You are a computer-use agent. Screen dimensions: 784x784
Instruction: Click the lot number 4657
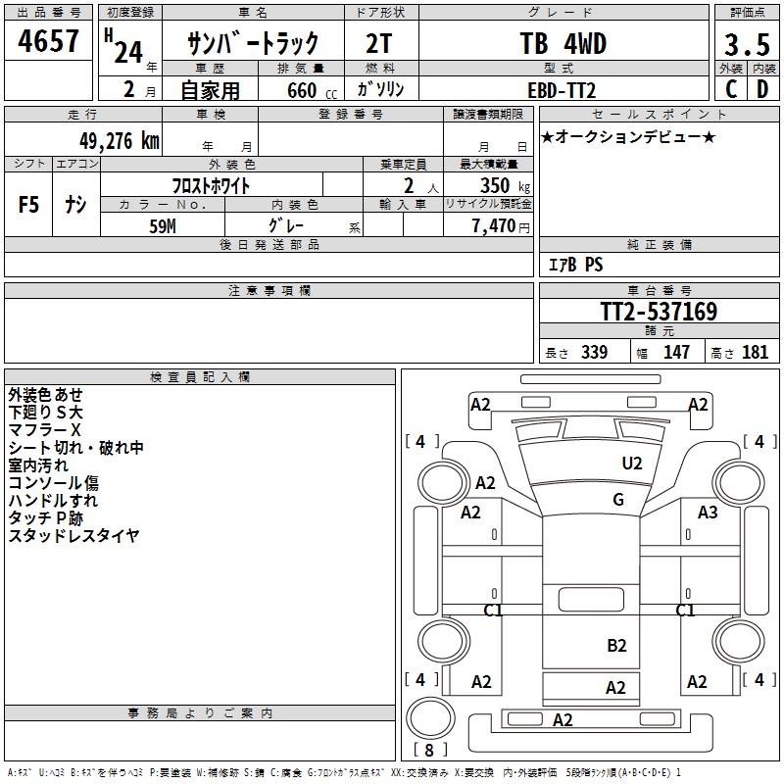(x=48, y=43)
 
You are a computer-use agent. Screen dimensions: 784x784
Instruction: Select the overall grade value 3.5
(x=746, y=45)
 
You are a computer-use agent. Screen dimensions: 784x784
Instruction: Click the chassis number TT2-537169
(x=659, y=313)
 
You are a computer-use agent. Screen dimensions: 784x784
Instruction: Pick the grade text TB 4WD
(x=563, y=44)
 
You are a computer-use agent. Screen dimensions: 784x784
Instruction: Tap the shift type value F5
(x=28, y=205)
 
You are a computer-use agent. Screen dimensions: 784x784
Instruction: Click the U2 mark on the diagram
(x=632, y=464)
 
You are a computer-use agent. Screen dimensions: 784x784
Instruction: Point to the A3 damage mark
(x=708, y=512)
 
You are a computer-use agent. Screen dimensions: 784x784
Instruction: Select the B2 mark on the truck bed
(x=616, y=645)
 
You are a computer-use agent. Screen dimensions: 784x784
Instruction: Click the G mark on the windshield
(x=618, y=499)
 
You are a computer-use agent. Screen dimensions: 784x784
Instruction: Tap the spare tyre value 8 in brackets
(x=428, y=751)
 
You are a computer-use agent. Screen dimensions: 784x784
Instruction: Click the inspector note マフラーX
(x=44, y=430)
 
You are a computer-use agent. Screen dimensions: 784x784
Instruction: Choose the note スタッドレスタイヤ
(x=73, y=535)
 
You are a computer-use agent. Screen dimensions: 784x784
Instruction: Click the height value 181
(x=756, y=353)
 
